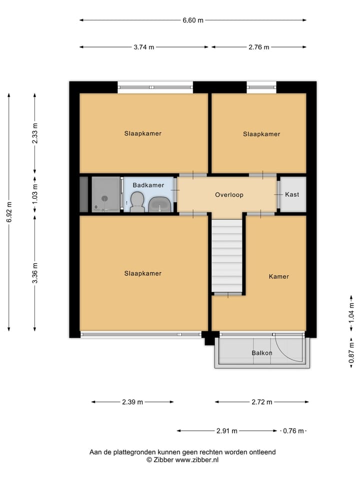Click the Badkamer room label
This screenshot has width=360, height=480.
pyautogui.click(x=148, y=185)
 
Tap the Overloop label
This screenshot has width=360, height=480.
pyautogui.click(x=229, y=194)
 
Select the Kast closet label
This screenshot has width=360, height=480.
pyautogui.click(x=292, y=194)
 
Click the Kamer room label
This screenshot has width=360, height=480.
pyautogui.click(x=278, y=276)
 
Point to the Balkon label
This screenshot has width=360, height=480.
pyautogui.click(x=262, y=352)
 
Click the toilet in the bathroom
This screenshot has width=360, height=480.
pyautogui.click(x=137, y=203)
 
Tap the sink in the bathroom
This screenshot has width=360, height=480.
pyautogui.click(x=160, y=203)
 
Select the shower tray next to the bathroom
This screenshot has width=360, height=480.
pyautogui.click(x=105, y=194)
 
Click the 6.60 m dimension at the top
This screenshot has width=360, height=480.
pyautogui.click(x=193, y=20)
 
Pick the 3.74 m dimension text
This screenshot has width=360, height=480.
pyautogui.click(x=144, y=47)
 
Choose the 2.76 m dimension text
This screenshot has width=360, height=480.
pyautogui.click(x=259, y=47)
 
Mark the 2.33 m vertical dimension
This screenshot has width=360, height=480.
pyautogui.click(x=35, y=134)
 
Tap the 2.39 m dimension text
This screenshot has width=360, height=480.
pyautogui.click(x=132, y=402)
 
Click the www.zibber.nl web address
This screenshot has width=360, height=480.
pyautogui.click(x=196, y=459)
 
